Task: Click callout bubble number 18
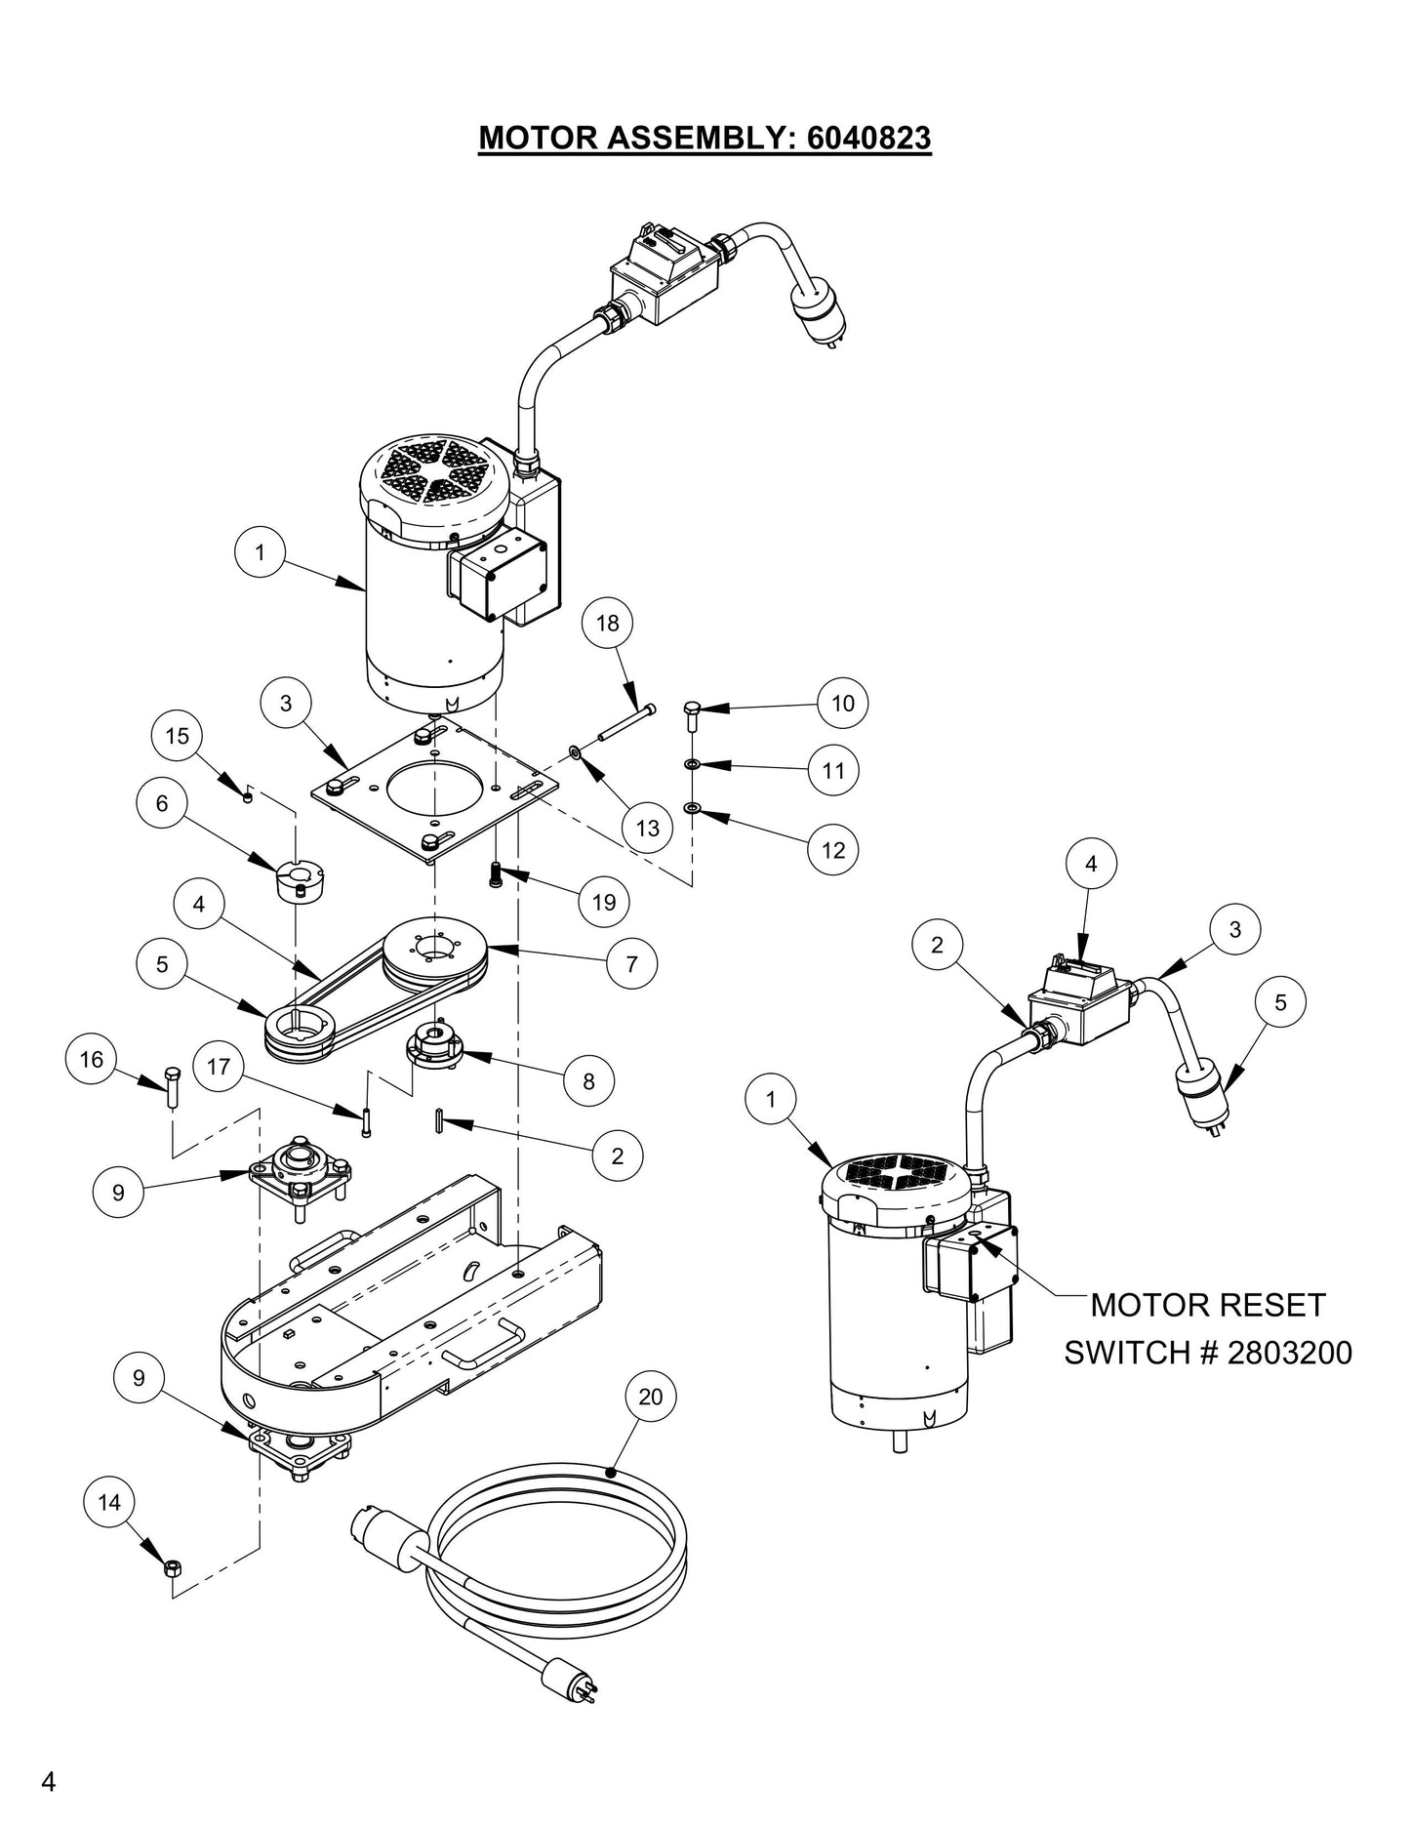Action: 607,623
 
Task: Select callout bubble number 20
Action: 650,1397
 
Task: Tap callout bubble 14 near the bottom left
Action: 109,1502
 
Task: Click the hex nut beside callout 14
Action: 170,1568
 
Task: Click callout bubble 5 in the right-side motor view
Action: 1280,1002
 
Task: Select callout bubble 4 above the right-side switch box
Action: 1091,864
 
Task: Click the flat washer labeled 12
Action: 691,808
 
